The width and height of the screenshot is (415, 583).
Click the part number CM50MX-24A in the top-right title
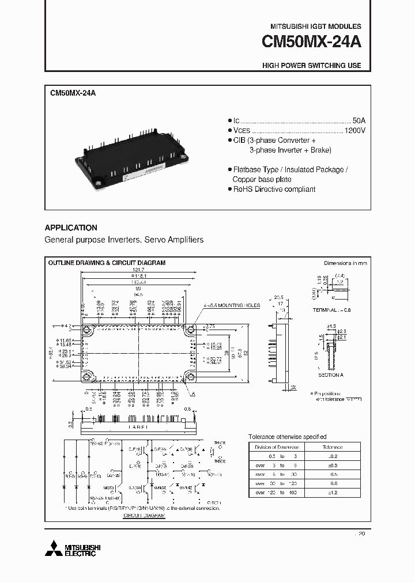pos(311,43)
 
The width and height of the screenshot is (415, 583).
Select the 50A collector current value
pos(359,120)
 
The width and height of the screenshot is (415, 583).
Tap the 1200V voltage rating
pos(355,131)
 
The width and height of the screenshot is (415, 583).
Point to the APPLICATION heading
pos(71,228)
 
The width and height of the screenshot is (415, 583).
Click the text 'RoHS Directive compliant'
pos(274,189)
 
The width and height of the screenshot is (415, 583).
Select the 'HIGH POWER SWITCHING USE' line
pos(312,66)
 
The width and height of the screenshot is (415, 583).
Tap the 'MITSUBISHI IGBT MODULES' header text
pos(316,26)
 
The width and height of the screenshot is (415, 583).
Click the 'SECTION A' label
pos(330,374)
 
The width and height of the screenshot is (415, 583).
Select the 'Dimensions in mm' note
pos(345,263)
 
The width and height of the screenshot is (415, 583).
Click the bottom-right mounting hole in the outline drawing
pos(188,377)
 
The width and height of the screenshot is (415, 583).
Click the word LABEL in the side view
pos(137,427)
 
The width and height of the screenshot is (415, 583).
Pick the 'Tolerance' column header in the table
pos(332,447)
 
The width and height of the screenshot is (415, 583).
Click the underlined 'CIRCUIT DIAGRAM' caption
pos(144,516)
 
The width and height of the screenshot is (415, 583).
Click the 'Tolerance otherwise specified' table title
pos(287,437)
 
